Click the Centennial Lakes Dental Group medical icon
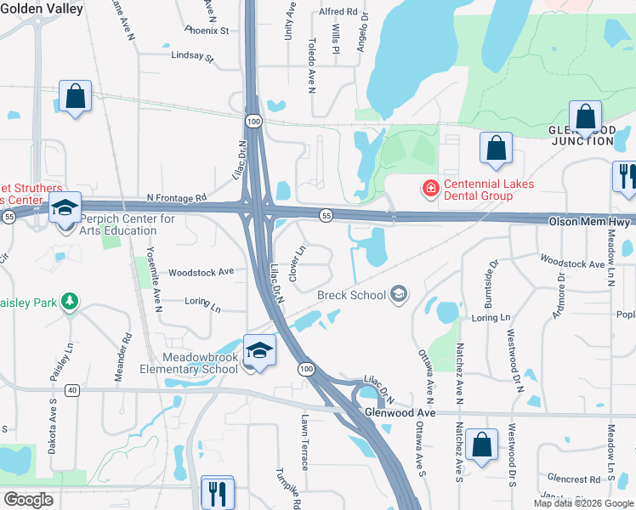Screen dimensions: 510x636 (x=432, y=188)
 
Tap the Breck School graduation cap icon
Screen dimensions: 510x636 (x=397, y=295)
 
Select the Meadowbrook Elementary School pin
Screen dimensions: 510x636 (x=259, y=351)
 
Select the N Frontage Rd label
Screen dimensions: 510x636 (x=177, y=197)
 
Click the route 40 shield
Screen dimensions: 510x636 (x=71, y=390)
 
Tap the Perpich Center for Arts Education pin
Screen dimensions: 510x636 (x=65, y=207)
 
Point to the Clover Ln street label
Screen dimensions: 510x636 (x=298, y=263)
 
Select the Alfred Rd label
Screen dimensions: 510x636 (x=338, y=12)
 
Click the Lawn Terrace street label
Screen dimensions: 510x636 (x=304, y=442)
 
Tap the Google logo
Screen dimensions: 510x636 (x=28, y=500)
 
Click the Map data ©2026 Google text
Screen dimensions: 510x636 (x=582, y=503)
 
